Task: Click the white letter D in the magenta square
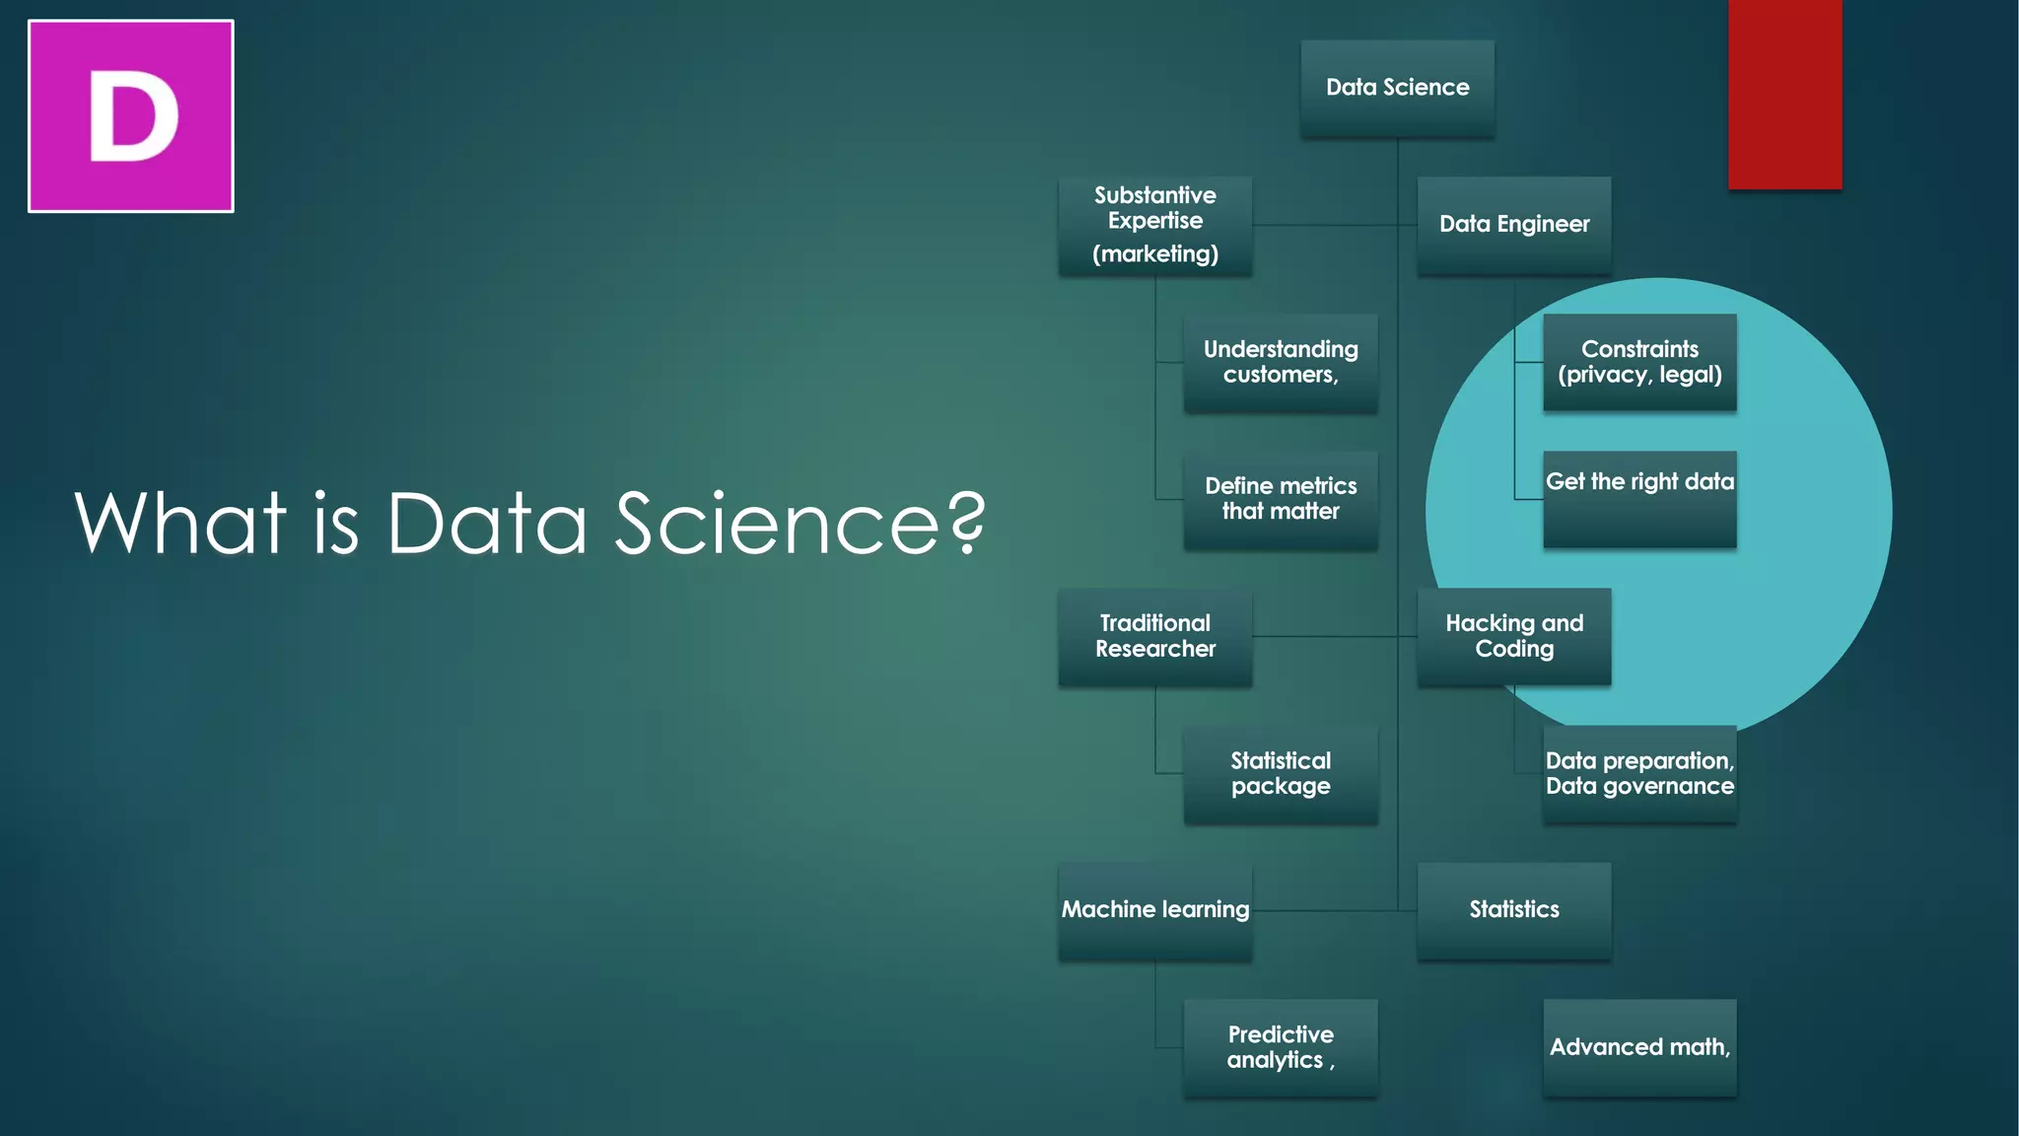pyautogui.click(x=133, y=116)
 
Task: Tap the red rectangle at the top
pyautogui.click(x=1784, y=94)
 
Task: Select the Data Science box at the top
pyautogui.click(x=1397, y=88)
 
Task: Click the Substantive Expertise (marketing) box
pyautogui.click(x=1155, y=225)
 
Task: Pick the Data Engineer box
pyautogui.click(x=1514, y=225)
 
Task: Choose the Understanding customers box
pyautogui.click(x=1281, y=362)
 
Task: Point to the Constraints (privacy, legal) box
pyautogui.click(x=1639, y=362)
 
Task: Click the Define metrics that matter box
pyautogui.click(x=1281, y=499)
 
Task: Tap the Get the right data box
pyautogui.click(x=1639, y=499)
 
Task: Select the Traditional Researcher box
pyautogui.click(x=1155, y=636)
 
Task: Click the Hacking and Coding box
pyautogui.click(x=1514, y=636)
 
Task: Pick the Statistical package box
pyautogui.click(x=1281, y=774)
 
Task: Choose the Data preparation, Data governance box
pyautogui.click(x=1639, y=774)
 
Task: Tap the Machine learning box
pyautogui.click(x=1155, y=910)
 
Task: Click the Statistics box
pyautogui.click(x=1514, y=910)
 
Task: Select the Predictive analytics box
pyautogui.click(x=1281, y=1047)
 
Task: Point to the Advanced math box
pyautogui.click(x=1639, y=1047)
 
